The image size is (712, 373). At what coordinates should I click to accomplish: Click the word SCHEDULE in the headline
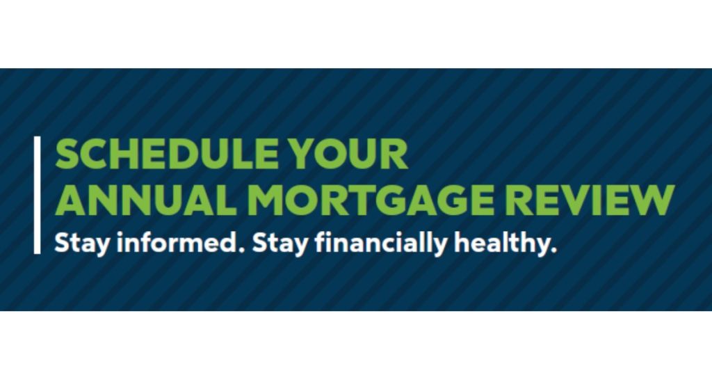click(166, 154)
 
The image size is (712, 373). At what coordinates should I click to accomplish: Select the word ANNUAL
click(146, 200)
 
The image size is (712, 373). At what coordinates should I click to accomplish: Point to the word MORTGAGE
click(370, 200)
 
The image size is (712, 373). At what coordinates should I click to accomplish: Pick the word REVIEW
click(589, 200)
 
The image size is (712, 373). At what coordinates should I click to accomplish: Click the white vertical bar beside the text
click(37, 195)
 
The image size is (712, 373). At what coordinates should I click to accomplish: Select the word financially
click(382, 244)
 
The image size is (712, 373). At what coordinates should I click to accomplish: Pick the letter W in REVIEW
click(650, 200)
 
